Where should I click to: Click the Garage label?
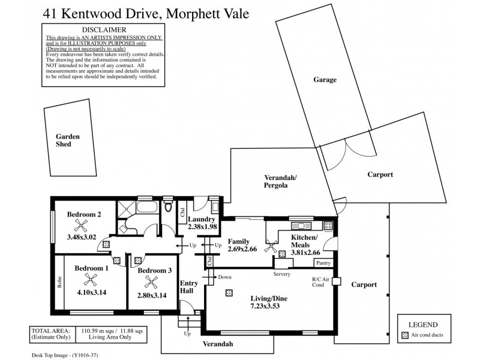(325, 80)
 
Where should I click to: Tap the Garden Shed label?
(64, 140)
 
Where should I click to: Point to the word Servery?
(282, 274)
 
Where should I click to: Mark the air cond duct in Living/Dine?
(229, 293)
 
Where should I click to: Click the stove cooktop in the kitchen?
(328, 226)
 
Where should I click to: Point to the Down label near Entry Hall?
(224, 277)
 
